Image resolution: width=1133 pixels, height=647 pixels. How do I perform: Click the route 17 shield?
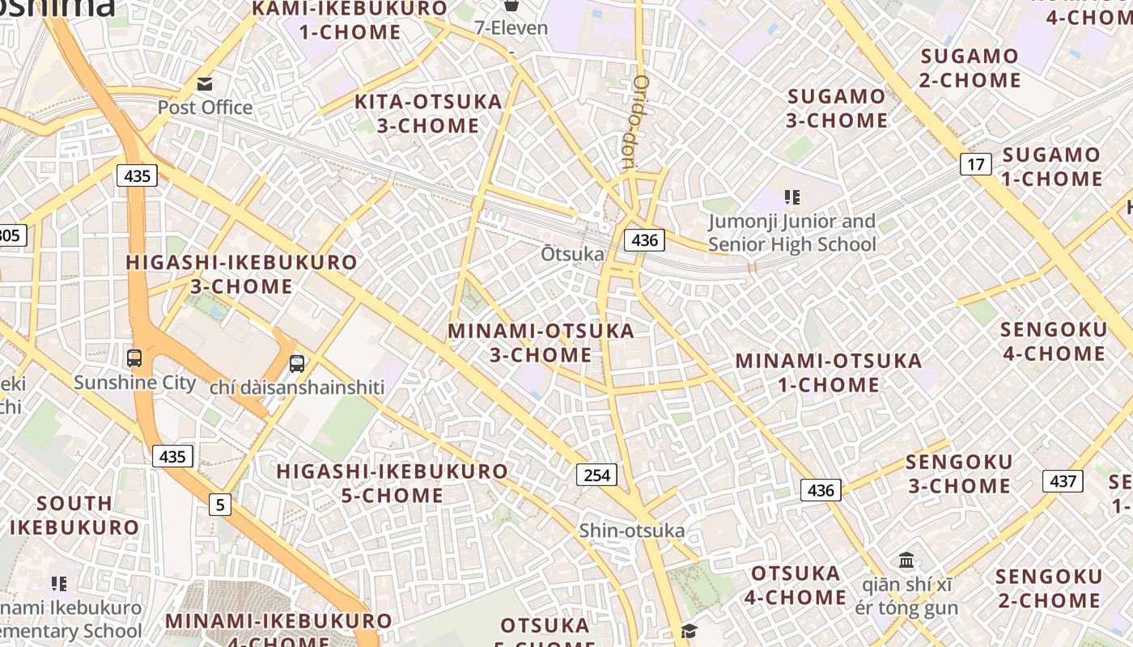(x=976, y=164)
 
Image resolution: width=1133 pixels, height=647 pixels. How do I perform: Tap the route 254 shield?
(x=596, y=475)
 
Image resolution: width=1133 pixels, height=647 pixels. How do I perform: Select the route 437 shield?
(x=1063, y=481)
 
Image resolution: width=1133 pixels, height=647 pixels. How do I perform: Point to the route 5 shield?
(x=219, y=505)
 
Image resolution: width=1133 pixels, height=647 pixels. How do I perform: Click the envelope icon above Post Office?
(x=205, y=83)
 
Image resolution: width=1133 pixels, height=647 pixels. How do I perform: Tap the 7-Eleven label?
(x=511, y=27)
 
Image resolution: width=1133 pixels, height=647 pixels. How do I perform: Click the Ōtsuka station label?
(x=572, y=254)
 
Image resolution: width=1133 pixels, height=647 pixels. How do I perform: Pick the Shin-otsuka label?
(x=631, y=531)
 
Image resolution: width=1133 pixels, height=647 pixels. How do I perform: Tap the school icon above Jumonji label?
(x=792, y=197)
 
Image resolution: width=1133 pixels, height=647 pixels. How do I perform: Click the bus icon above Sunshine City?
(x=134, y=357)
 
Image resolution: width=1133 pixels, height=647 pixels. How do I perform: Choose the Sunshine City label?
(x=134, y=382)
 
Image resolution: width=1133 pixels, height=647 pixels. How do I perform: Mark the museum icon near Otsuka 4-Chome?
(x=906, y=560)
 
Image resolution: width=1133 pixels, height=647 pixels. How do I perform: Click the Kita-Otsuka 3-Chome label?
(x=418, y=113)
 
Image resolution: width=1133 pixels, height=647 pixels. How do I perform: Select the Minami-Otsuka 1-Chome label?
(x=829, y=372)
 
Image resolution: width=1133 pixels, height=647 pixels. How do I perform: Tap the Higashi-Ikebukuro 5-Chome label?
(x=393, y=483)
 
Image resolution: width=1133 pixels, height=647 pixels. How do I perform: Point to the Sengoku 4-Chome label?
(x=1054, y=341)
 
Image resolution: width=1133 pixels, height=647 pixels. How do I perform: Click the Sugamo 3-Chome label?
(x=838, y=108)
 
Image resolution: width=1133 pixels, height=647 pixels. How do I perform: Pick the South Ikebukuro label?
(x=74, y=515)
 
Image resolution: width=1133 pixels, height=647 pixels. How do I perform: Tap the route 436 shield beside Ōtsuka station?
(x=644, y=240)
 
